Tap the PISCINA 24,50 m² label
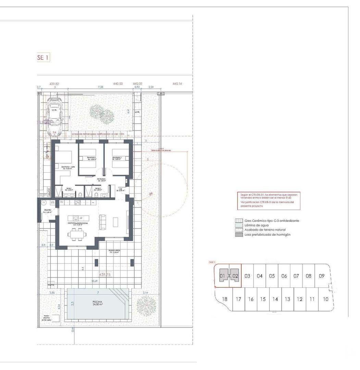click(x=98, y=303)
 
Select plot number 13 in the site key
click(x=287, y=299)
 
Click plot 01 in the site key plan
click(x=222, y=276)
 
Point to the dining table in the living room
click(x=77, y=235)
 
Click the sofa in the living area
click(x=102, y=222)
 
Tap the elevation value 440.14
click(x=177, y=83)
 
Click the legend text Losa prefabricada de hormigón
click(x=268, y=235)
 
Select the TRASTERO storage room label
click(x=47, y=211)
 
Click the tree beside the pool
click(x=146, y=304)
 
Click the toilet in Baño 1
click(x=80, y=194)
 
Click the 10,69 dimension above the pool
click(x=94, y=281)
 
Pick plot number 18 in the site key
click(x=224, y=299)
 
